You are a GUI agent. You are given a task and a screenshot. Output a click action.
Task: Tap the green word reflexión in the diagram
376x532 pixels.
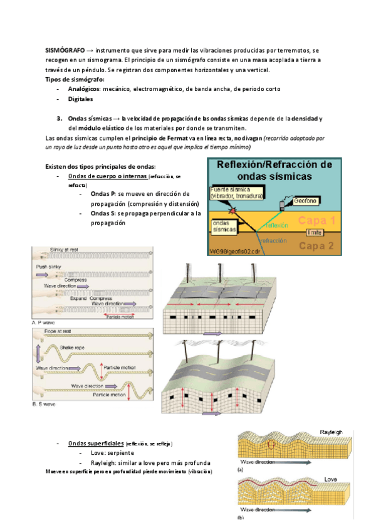coord(276,225)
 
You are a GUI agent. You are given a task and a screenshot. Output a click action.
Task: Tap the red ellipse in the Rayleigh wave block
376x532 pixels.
coord(272,445)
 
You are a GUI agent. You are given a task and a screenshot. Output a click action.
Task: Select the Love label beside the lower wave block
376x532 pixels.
coord(330,479)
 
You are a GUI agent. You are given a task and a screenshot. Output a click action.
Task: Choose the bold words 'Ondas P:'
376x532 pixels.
coord(103,194)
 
